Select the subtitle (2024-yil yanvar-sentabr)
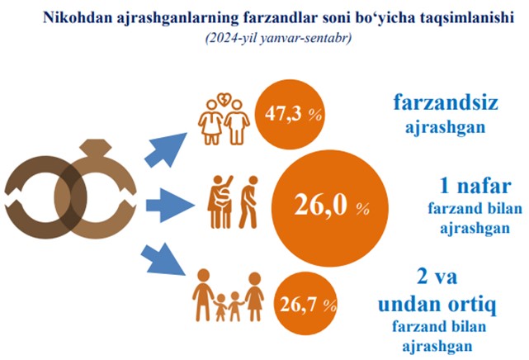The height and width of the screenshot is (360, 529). pos(278,38)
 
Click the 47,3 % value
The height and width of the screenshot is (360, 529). pos(293,114)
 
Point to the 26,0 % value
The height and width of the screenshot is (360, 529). pos(332,205)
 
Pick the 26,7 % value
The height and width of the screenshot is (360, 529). pos(308,305)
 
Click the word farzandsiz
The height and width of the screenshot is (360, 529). pos(446,102)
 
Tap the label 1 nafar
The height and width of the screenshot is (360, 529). pos(475,186)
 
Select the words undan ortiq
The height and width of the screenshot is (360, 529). pos(437,305)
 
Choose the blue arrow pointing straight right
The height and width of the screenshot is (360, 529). pos(170,206)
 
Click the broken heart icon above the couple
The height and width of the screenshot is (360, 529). pos(224,99)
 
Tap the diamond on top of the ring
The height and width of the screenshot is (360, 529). pos(96,148)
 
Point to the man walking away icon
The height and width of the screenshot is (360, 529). pos(248,202)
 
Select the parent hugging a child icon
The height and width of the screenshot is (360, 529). pos(220,202)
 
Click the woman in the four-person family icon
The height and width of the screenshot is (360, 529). pos(254,296)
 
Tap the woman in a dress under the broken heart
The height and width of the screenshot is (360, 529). pos(211,122)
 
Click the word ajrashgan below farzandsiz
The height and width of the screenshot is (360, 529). pos(445,128)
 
